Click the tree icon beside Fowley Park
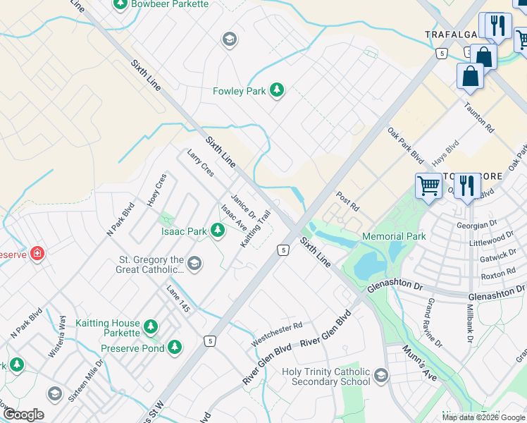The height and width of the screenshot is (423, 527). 278,90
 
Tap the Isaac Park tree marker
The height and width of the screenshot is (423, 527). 218,231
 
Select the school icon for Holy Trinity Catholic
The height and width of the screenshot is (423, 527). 381,374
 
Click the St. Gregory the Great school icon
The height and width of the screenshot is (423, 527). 194,264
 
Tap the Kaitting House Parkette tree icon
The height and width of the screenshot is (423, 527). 150,326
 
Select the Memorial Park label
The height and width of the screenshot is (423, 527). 394,236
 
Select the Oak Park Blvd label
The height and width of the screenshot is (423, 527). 405,144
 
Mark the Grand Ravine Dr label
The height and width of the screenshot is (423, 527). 435,322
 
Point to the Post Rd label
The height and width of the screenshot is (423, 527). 347,202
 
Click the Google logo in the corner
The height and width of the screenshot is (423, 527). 24,415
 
